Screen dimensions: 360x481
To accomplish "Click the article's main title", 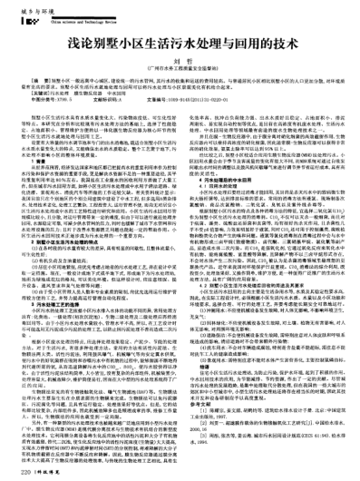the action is click(180, 44).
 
